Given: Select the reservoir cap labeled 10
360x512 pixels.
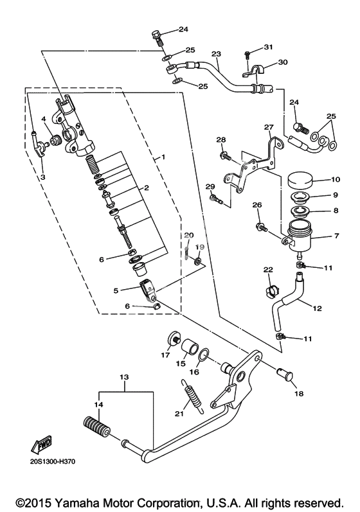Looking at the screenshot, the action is pos(300,181).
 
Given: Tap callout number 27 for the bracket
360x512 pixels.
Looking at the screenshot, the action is pos(269,127).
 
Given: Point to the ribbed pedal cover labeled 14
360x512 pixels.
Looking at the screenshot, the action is pos(96,427).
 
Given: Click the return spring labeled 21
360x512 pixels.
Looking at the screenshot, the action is pos(193,396).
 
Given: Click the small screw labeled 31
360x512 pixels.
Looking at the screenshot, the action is pos(247,55).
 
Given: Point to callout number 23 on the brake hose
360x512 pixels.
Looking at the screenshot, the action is pos(216,53).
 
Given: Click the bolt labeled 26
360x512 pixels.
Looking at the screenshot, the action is pos(262,227).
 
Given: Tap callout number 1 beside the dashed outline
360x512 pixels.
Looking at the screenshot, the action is pos(163,157).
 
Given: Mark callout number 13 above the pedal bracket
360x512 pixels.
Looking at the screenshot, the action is pos(124,377).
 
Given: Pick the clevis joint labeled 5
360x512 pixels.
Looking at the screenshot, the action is pos(148,288).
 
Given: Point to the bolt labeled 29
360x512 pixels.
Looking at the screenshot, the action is pos(217,199).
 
